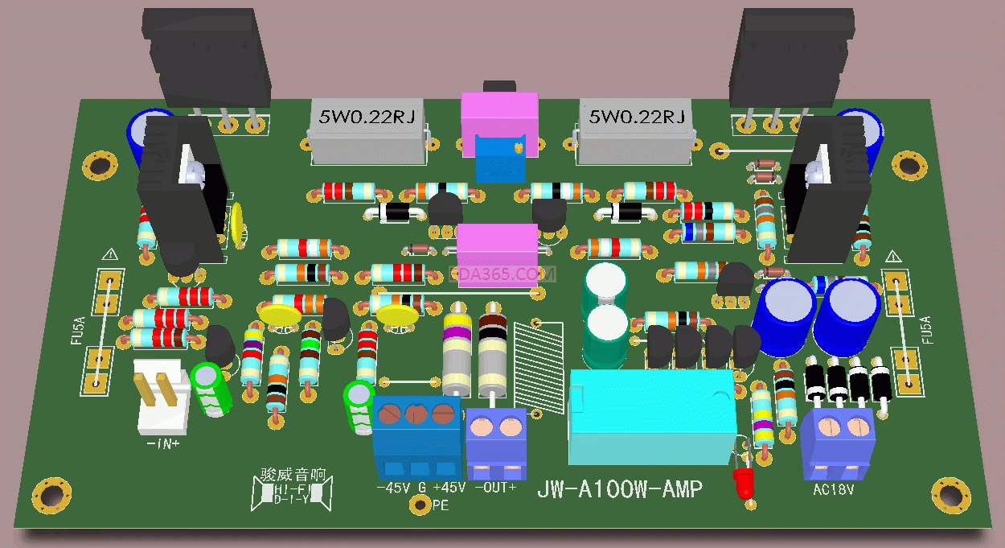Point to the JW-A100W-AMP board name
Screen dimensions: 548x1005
[619, 489]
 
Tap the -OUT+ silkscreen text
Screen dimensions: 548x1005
[495, 488]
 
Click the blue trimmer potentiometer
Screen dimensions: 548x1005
[498, 157]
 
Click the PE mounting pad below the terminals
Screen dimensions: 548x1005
[419, 505]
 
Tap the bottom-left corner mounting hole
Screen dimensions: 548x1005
[49, 492]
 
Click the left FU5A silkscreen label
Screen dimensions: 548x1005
[77, 331]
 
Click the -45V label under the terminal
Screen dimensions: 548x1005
[393, 488]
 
